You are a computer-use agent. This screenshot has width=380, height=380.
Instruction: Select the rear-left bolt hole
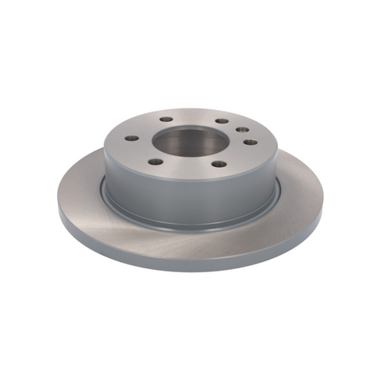coord(165,119)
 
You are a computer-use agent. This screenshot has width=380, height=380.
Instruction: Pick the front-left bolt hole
coord(156,161)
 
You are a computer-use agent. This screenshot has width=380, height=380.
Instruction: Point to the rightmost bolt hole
coord(249,142)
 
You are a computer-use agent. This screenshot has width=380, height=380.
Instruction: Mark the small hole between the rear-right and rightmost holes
coord(240,130)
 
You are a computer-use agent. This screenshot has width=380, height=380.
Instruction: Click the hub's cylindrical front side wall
coord(190,198)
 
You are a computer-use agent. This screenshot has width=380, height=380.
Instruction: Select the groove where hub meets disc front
coord(190,224)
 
